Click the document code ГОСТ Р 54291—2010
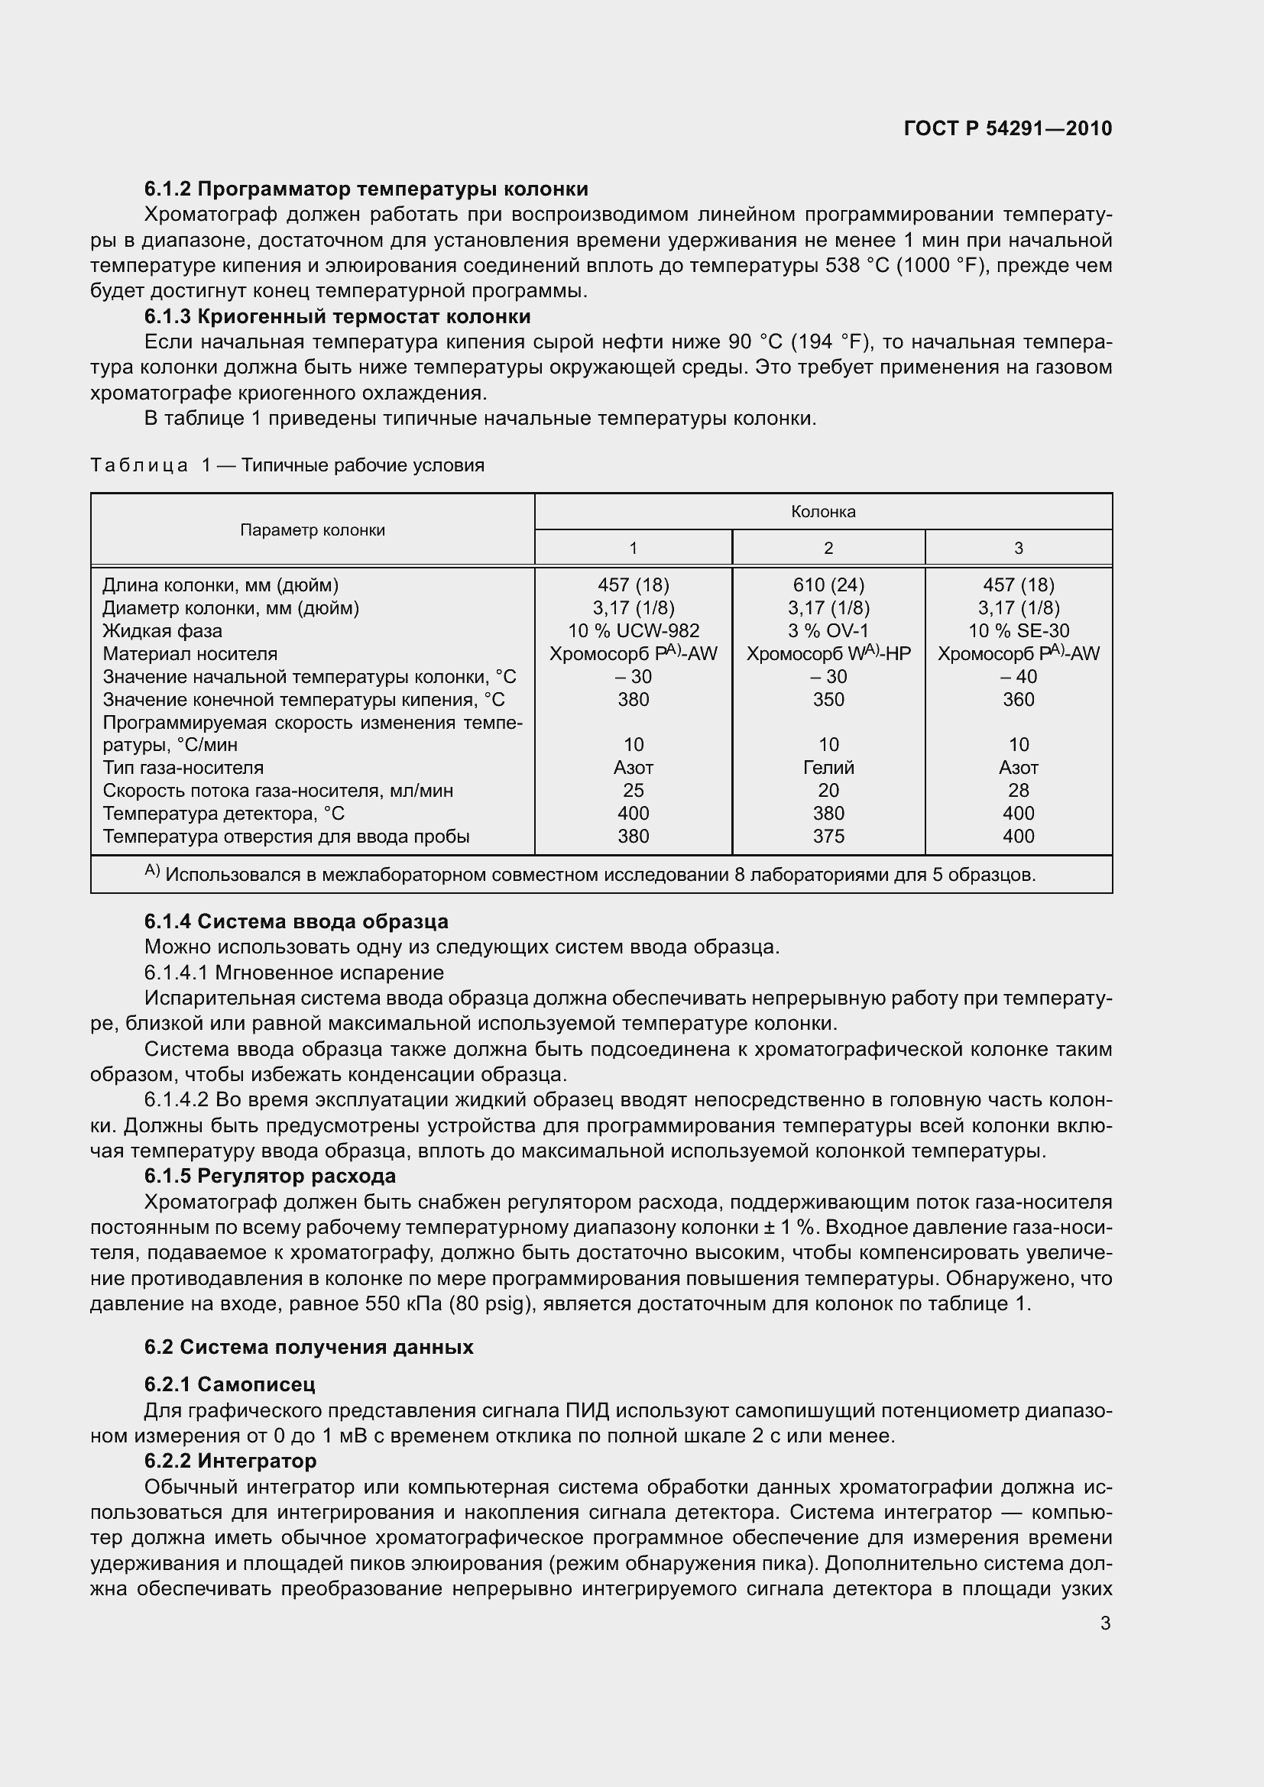[x=1008, y=128]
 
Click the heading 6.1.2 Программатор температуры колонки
[x=366, y=189]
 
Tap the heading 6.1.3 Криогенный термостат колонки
[x=337, y=317]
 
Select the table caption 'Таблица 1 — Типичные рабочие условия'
[x=287, y=465]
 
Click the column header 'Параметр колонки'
[x=312, y=530]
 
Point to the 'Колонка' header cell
[x=823, y=511]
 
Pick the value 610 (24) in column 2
[x=828, y=584]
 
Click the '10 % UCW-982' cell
[x=633, y=630]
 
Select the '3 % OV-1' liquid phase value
[x=828, y=630]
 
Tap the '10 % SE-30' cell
[x=1018, y=630]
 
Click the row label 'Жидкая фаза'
[x=162, y=630]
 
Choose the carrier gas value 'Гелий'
[x=828, y=767]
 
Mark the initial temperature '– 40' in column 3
[x=1018, y=676]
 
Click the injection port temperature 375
[x=828, y=836]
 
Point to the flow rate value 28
[x=1018, y=790]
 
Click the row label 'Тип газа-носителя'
[x=183, y=767]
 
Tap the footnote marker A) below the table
[x=152, y=872]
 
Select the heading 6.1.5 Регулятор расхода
[x=270, y=1176]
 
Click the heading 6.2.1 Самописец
[x=229, y=1384]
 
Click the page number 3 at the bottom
[x=1105, y=1624]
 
